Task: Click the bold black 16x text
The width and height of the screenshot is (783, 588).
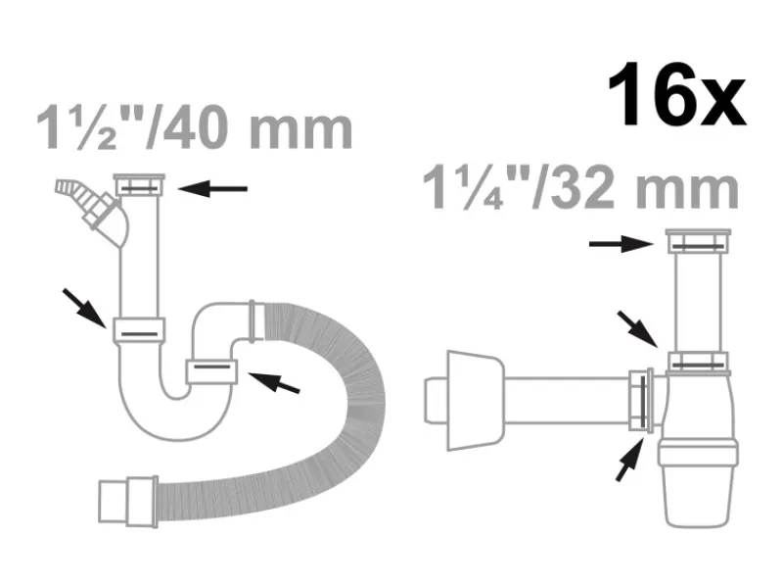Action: point(676,95)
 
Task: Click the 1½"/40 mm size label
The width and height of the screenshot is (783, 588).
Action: point(195,128)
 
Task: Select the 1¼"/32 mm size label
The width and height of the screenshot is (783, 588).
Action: point(580,188)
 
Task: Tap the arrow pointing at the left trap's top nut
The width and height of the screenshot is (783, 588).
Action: point(212,189)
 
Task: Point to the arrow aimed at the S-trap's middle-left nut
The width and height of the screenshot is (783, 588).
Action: point(84,308)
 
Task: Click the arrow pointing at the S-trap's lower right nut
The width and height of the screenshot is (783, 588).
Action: point(274,382)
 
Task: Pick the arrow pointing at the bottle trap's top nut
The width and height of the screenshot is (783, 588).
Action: point(622,244)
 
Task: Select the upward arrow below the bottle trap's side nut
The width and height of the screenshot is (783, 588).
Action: point(629,459)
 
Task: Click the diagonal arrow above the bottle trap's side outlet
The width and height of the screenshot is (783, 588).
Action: point(638,329)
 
